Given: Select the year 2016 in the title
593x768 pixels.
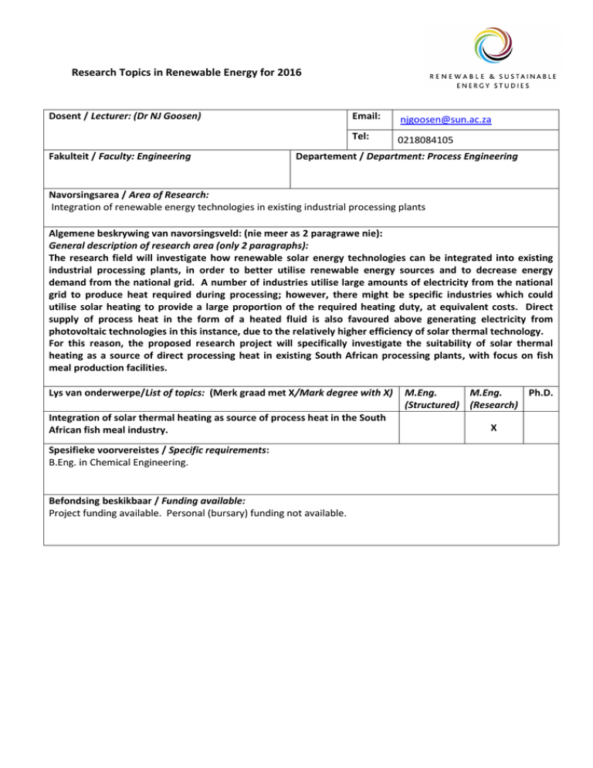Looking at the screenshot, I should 290,74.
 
